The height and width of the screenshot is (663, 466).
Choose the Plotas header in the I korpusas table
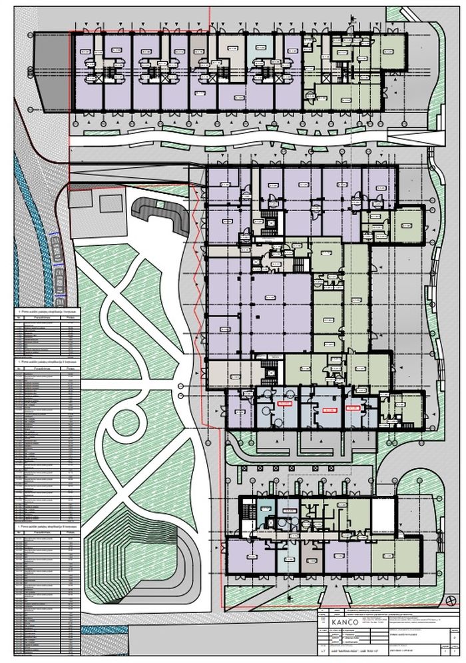tap(70, 319)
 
